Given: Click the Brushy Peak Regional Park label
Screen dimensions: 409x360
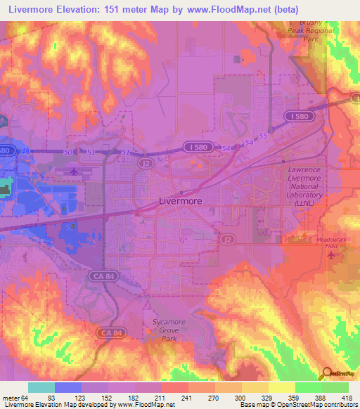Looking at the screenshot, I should (305, 32).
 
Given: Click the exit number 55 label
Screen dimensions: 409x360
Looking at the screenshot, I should (263, 135).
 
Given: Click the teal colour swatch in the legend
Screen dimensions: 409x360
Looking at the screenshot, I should (41, 387).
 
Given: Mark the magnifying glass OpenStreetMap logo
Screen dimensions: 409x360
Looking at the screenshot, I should (327, 372).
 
